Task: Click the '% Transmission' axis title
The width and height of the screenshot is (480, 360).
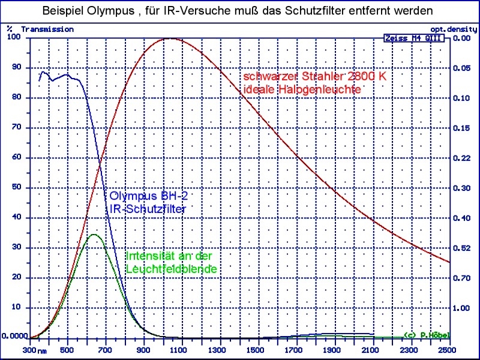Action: (41, 29)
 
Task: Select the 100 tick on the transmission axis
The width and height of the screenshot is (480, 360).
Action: (13, 37)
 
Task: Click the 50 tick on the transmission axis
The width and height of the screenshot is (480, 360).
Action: (16, 187)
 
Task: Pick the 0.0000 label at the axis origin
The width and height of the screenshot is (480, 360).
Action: (14, 337)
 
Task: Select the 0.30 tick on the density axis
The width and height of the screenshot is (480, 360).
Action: (462, 187)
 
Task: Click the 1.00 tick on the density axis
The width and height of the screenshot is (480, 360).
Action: (462, 307)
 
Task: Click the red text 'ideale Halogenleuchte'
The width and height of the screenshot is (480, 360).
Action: (302, 89)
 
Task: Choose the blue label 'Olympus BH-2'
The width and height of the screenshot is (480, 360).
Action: (152, 197)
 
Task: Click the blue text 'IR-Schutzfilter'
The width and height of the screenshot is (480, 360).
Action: (148, 208)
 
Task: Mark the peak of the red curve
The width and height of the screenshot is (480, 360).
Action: (170, 38)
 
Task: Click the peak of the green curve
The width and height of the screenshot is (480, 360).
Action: (94, 235)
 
